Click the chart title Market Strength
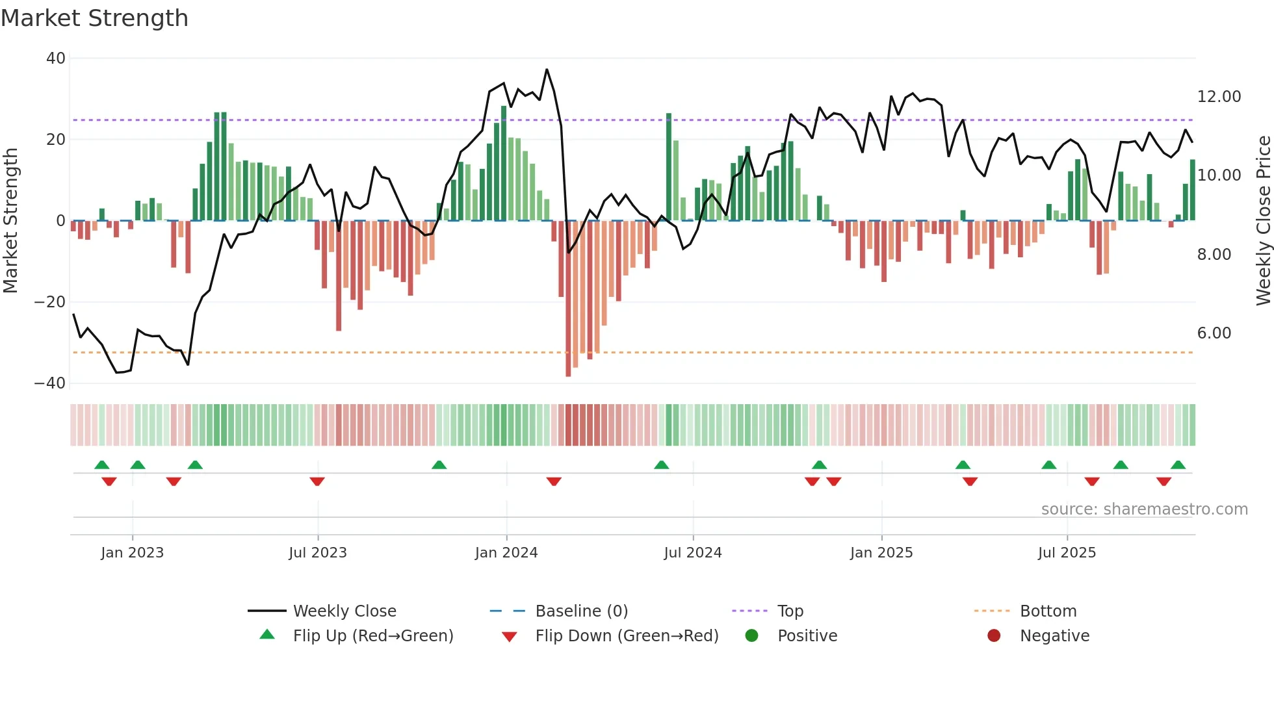pos(94,18)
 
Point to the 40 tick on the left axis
pos(56,58)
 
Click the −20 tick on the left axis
pos(50,302)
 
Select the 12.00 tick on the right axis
pos(1219,97)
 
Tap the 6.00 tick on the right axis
pos(1214,333)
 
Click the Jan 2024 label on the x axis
pos(506,553)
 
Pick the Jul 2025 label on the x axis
pos(1067,553)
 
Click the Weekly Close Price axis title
pos(1263,221)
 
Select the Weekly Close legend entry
pos(344,611)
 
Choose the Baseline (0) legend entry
pos(581,611)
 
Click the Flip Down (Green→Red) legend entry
pos(627,636)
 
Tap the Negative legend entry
pos(1054,636)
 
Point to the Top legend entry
pos(790,611)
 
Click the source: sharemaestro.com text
pos(1144,509)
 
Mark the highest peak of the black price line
pos(547,70)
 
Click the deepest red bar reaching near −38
pos(568,299)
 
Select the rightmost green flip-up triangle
pos(1178,465)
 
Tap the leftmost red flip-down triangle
pos(109,481)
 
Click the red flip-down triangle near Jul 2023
pos(317,481)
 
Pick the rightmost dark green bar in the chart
pos(1192,190)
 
